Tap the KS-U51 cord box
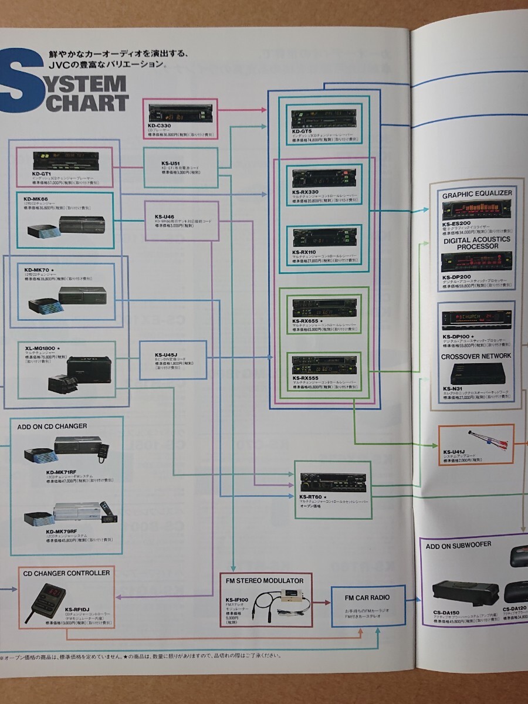click(x=181, y=167)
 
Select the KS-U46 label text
click(x=165, y=216)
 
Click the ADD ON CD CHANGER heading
click(x=52, y=426)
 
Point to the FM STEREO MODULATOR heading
click(x=265, y=580)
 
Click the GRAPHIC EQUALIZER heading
click(x=477, y=193)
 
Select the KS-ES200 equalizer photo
click(x=477, y=209)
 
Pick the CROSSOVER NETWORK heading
click(x=476, y=356)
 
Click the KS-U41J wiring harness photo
click(x=487, y=439)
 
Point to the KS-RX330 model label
click(x=305, y=192)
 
